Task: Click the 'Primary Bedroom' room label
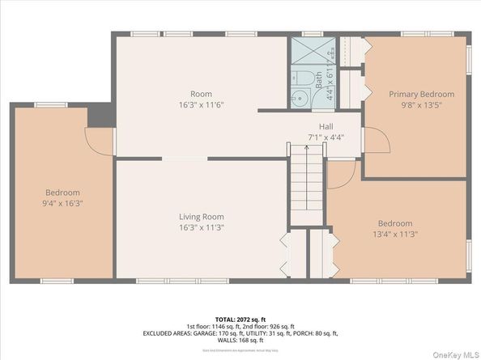click(421, 94)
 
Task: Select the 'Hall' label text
click(326, 127)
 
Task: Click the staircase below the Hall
click(307, 184)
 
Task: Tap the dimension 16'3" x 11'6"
click(195, 105)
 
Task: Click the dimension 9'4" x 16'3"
click(62, 203)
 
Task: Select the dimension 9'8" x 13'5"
click(421, 105)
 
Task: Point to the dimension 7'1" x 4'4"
click(326, 138)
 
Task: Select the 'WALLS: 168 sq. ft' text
click(240, 339)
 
